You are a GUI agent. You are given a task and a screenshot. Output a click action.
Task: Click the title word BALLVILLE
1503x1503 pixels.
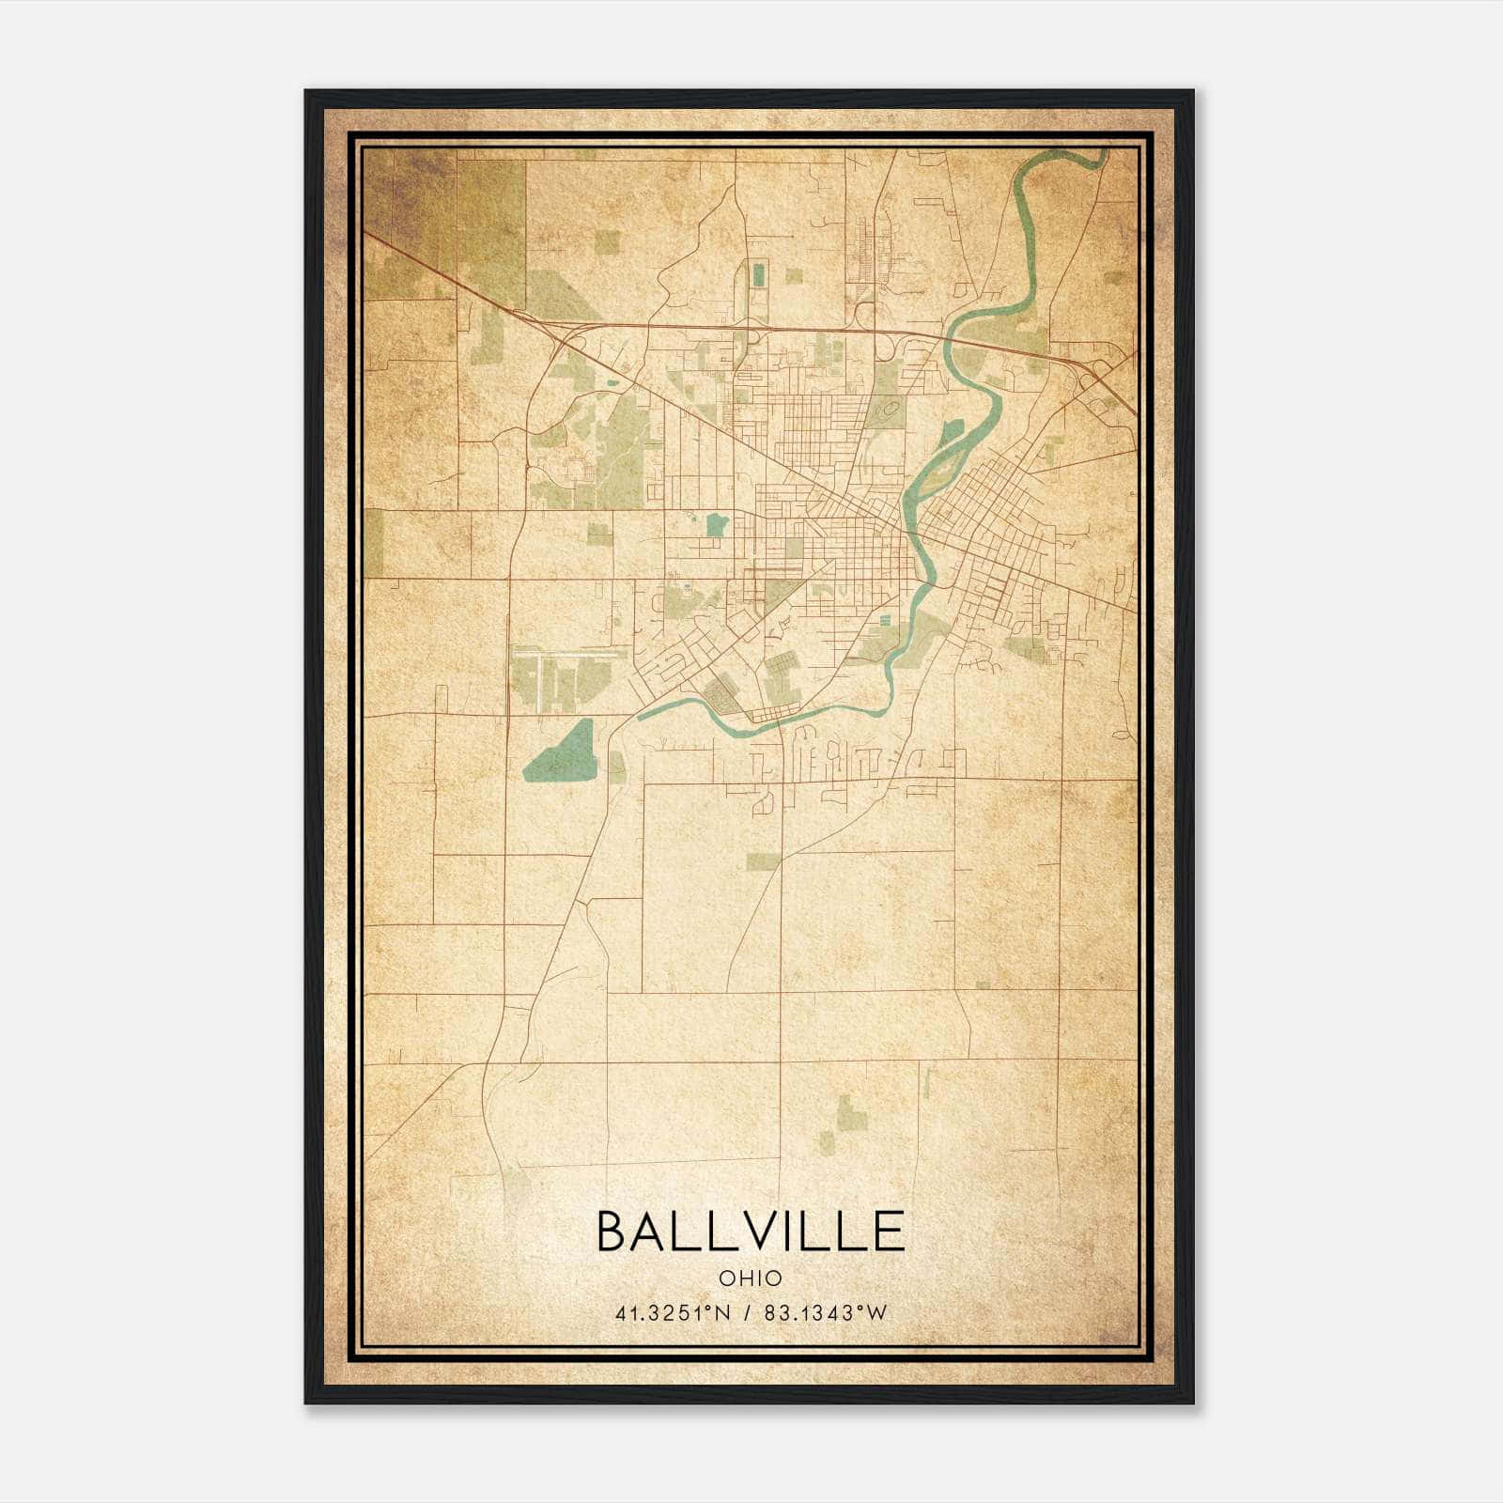click(x=750, y=1232)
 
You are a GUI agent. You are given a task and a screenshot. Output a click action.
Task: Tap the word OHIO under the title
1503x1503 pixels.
click(x=750, y=1278)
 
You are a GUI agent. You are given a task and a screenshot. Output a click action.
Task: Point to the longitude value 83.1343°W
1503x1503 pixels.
click(x=825, y=1313)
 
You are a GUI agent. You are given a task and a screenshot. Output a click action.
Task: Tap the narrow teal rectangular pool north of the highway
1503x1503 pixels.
click(x=758, y=275)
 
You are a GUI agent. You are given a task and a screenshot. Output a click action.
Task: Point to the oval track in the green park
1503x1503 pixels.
click(x=889, y=410)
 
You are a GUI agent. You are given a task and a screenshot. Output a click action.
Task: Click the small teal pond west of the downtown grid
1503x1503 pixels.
click(x=717, y=524)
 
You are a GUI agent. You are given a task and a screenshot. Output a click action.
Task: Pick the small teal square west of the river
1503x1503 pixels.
click(x=885, y=620)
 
